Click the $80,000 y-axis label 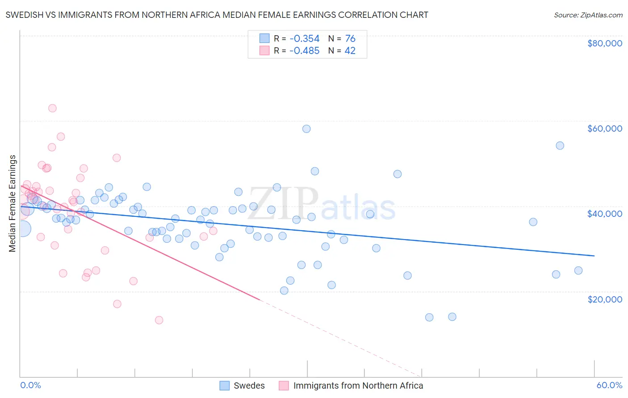click(604, 43)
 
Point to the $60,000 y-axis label click(604, 129)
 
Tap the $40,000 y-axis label click(604, 214)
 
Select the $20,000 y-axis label click(604, 299)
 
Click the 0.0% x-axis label click(30, 386)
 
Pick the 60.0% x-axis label click(609, 386)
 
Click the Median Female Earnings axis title click(13, 203)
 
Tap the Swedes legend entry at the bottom click(249, 386)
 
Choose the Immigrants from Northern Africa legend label click(358, 386)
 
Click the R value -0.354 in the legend click(304, 38)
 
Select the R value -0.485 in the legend click(304, 50)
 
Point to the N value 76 click(350, 38)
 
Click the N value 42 click(350, 50)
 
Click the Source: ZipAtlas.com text click(588, 15)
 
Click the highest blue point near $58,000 click(306, 129)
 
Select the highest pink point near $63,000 click(52, 108)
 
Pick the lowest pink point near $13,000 click(159, 320)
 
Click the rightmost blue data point click(578, 270)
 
